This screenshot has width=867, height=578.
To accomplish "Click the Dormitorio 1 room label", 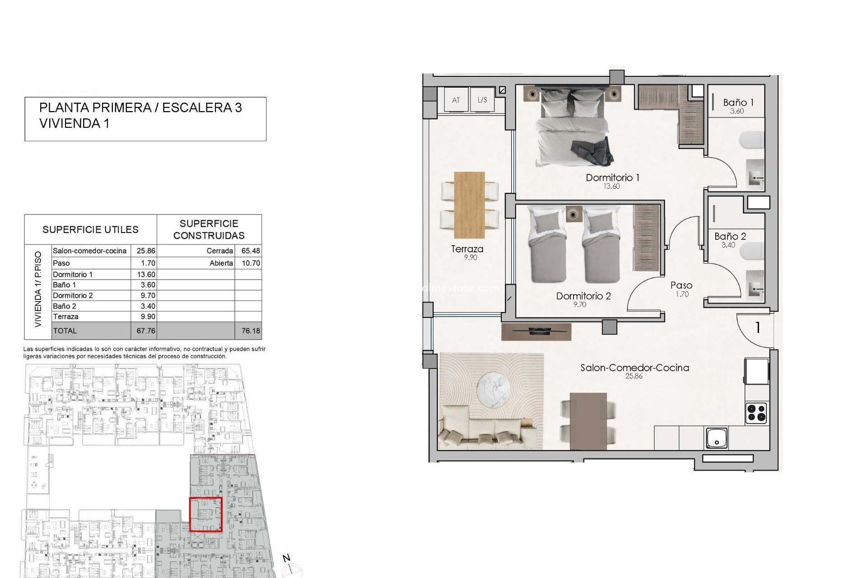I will point(612,177).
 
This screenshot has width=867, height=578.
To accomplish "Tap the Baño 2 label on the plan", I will point(730,236).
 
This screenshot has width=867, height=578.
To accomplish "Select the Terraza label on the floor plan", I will point(467,249).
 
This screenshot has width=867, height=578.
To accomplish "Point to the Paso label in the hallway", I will point(681,285).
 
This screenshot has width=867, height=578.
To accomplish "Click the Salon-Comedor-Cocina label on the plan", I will point(634,368).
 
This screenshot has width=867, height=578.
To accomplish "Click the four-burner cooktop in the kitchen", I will point(756,413).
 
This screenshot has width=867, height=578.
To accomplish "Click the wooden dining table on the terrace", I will point(469,205).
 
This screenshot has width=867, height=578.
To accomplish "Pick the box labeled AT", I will point(456,100).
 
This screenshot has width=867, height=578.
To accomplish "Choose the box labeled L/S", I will point(482,100).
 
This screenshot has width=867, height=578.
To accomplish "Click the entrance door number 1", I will point(758,328).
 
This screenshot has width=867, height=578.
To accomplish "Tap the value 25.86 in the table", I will point(145,251).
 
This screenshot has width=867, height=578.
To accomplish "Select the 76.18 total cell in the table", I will point(250,331).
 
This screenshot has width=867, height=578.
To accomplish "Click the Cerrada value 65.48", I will point(250,251).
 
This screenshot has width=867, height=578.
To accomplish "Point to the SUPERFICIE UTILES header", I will point(90,229).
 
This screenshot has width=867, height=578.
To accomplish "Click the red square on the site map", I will point(205,514).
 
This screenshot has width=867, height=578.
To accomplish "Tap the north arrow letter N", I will point(286,558).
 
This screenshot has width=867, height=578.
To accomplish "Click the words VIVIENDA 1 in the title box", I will point(75,123).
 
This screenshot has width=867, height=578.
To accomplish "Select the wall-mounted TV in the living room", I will point(536,331).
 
